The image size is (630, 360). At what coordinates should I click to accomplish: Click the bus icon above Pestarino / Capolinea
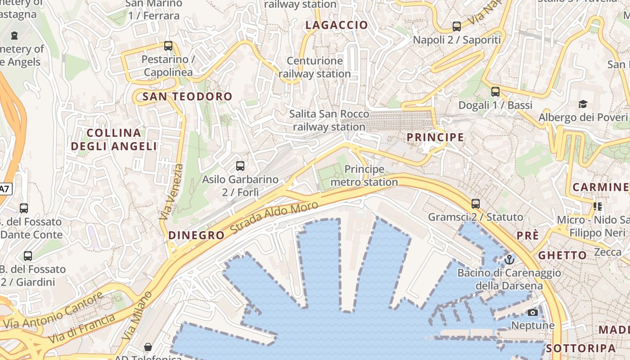click(168, 46)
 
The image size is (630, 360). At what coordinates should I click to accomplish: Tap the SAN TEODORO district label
click(187, 96)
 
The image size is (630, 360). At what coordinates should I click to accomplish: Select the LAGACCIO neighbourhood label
click(337, 25)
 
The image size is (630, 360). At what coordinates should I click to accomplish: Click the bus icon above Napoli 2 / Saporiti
click(457, 27)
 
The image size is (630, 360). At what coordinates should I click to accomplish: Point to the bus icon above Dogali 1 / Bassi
click(495, 92)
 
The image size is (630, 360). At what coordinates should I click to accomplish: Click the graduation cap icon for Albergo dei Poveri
click(583, 104)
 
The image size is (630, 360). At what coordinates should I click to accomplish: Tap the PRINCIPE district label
click(435, 137)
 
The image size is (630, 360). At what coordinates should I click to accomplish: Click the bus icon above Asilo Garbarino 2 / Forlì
click(240, 166)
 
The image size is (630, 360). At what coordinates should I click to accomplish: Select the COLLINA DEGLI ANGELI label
click(114, 139)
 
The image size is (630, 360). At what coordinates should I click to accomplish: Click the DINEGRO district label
click(196, 235)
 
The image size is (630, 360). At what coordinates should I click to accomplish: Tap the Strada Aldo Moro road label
click(274, 217)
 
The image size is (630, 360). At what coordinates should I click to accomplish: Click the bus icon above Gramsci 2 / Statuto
click(476, 204)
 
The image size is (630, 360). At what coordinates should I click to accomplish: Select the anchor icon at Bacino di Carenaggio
click(509, 260)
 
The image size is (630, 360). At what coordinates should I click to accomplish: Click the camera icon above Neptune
click(533, 312)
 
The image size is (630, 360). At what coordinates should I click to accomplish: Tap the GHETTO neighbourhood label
click(562, 255)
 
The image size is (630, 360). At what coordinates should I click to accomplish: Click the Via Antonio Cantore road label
click(53, 310)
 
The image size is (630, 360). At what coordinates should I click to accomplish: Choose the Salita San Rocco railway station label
click(329, 121)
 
